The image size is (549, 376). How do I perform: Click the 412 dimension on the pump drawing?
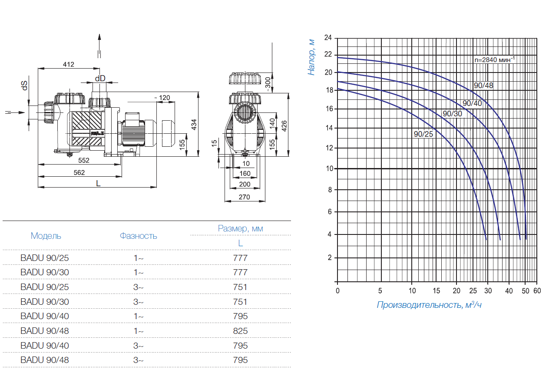point(68,65)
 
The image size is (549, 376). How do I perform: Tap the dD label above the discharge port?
point(100,78)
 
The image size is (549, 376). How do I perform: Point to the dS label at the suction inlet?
point(25,86)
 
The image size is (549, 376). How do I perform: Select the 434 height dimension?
point(194,124)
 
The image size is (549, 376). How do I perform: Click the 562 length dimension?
point(79,172)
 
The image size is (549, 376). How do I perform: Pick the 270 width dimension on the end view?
point(245,197)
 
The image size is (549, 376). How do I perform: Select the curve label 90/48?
point(483,85)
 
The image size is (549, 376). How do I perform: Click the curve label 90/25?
point(423,134)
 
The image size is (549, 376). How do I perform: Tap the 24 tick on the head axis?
point(328,38)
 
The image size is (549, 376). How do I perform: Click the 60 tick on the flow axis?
point(537,290)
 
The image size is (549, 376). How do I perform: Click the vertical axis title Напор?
point(311,56)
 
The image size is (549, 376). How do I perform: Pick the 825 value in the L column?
point(240,331)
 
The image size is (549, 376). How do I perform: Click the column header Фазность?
point(139,236)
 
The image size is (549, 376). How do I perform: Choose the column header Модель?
point(46,236)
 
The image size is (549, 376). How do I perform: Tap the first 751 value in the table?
point(240,287)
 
